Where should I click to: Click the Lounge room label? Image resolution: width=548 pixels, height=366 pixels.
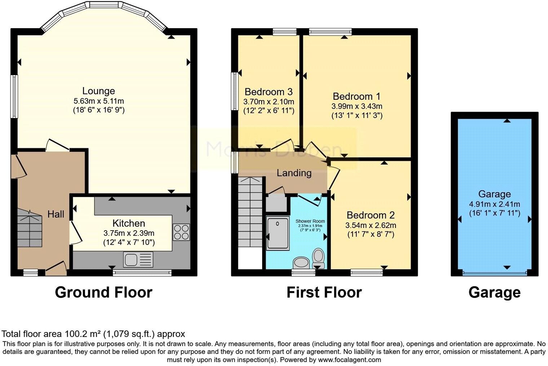point(98,91)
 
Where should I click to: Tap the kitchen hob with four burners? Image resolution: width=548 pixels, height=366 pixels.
point(181,232)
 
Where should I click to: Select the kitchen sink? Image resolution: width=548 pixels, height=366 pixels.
point(138,259)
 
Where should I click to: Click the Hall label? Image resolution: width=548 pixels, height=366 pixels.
point(56,214)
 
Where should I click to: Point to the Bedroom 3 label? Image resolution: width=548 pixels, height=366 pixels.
point(269,91)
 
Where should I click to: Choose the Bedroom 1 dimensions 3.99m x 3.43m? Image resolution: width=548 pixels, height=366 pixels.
point(357,106)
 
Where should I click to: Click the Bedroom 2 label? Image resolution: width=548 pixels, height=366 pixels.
point(371,215)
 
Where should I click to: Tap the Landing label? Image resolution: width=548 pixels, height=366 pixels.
point(294,173)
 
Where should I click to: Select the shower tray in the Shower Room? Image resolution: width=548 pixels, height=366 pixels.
point(278,233)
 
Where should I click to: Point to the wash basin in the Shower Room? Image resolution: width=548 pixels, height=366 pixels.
point(301,262)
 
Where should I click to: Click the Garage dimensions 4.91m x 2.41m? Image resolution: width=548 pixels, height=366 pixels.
point(494,204)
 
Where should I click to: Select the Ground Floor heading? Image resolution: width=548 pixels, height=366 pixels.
point(103,292)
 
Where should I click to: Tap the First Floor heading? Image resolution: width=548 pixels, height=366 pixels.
point(324,292)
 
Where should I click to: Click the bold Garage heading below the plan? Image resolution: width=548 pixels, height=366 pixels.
point(494,292)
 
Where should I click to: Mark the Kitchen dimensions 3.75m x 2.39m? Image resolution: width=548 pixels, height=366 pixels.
point(129,233)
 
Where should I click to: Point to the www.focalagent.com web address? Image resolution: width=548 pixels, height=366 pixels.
point(349,360)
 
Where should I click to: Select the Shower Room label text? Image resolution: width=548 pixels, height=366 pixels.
point(310,221)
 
